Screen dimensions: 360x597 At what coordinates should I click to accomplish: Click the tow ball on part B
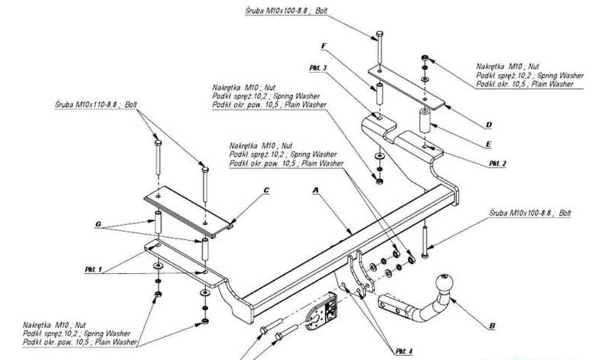(447, 281)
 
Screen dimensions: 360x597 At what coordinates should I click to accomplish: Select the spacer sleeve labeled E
(424, 120)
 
